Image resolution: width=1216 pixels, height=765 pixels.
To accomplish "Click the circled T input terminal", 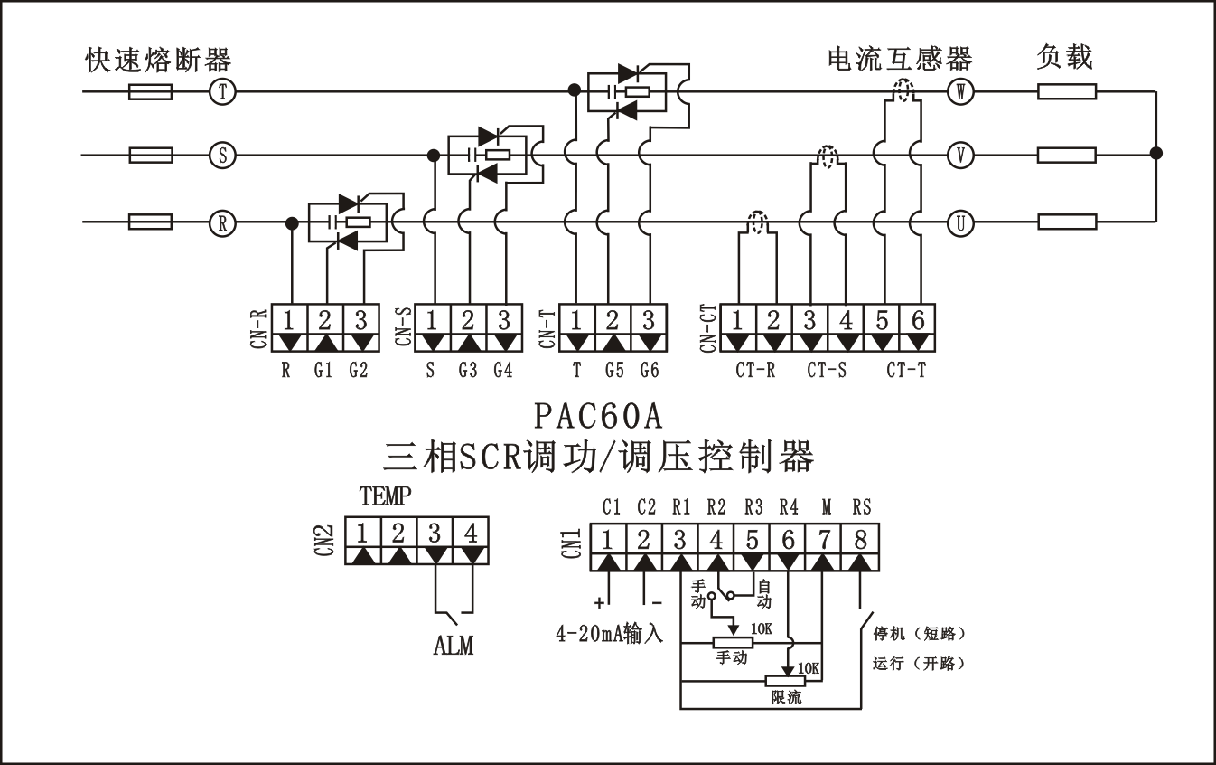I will click(221, 91).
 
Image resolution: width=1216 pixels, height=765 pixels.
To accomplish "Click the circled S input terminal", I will click(221, 156).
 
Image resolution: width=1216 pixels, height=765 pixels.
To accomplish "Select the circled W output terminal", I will click(960, 91).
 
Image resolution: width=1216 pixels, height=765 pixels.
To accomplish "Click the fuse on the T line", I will click(151, 91).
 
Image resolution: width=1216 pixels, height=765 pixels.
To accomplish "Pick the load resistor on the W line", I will click(1067, 91).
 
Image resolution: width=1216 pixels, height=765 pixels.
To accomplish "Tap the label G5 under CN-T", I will click(613, 370).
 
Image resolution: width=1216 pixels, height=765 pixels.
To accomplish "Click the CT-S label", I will click(827, 370).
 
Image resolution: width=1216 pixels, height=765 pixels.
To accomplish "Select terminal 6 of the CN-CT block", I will click(918, 321).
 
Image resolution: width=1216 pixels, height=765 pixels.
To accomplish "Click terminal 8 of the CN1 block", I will click(860, 540).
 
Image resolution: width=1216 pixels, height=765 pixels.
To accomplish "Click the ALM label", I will click(454, 646).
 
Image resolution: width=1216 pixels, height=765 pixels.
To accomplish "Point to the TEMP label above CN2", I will click(385, 496).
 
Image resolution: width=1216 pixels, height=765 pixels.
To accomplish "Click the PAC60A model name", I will click(598, 416).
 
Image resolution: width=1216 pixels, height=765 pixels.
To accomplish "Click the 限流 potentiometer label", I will click(786, 698).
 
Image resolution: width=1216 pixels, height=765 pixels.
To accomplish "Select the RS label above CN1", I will click(861, 507).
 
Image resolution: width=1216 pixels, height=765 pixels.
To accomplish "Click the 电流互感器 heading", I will click(900, 60).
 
